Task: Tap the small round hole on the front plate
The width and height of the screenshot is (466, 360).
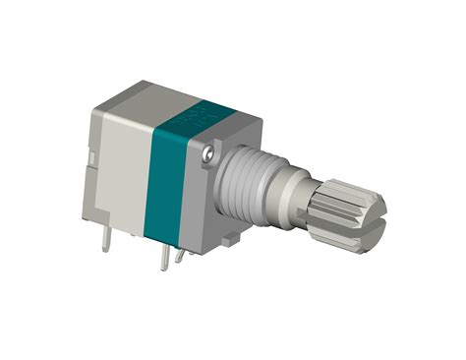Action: click(208, 154)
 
